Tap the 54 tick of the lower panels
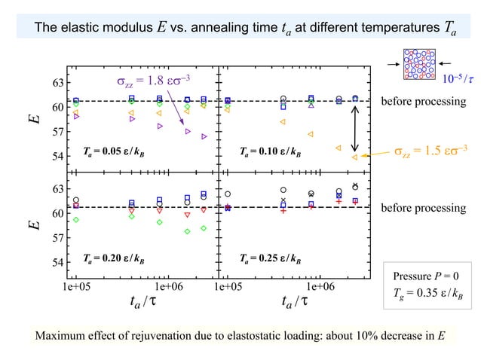pos(57,263)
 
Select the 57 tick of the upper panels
pos(57,133)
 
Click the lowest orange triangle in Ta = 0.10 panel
pos(354,157)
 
